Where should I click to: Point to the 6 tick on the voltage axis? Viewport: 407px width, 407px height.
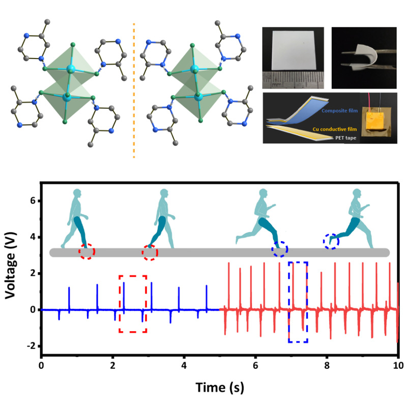(32, 201)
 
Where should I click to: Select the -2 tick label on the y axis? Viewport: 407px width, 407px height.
(30, 346)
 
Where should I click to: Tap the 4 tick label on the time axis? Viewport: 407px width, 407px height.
(184, 365)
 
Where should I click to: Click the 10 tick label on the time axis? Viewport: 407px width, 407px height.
(398, 365)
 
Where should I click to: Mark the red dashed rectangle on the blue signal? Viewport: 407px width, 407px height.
(133, 304)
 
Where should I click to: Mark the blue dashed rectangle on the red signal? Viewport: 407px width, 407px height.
(298, 302)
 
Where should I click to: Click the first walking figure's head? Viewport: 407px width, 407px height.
(77, 195)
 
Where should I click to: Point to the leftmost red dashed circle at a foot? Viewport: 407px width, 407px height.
(86, 251)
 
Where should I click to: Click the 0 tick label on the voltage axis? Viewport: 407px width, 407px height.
(32, 310)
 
